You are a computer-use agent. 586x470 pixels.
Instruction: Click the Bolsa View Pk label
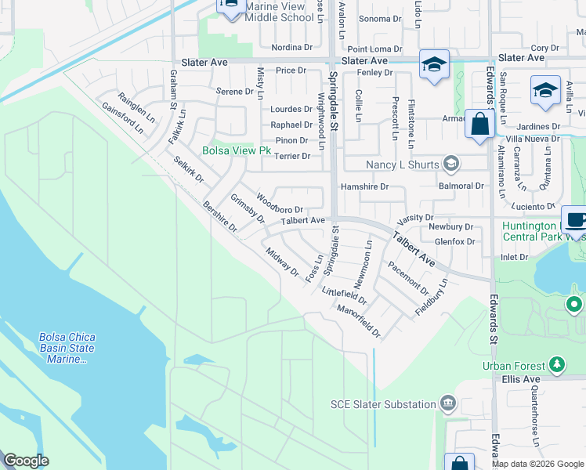236,150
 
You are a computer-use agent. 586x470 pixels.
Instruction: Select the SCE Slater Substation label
383,404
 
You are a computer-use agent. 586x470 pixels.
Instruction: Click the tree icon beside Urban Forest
557,364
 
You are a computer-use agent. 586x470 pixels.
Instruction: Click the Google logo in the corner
26,461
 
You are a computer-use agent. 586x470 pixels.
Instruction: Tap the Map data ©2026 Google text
538,464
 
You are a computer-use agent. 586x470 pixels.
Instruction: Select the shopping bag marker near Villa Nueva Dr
479,125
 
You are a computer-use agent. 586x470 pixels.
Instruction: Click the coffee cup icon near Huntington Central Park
575,220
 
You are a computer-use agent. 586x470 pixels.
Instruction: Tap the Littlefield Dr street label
345,295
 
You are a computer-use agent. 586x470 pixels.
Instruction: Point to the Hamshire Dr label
364,186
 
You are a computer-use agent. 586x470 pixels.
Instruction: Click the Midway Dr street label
282,262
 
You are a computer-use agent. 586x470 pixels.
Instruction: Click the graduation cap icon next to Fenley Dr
432,65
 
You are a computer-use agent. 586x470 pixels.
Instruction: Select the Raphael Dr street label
291,125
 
